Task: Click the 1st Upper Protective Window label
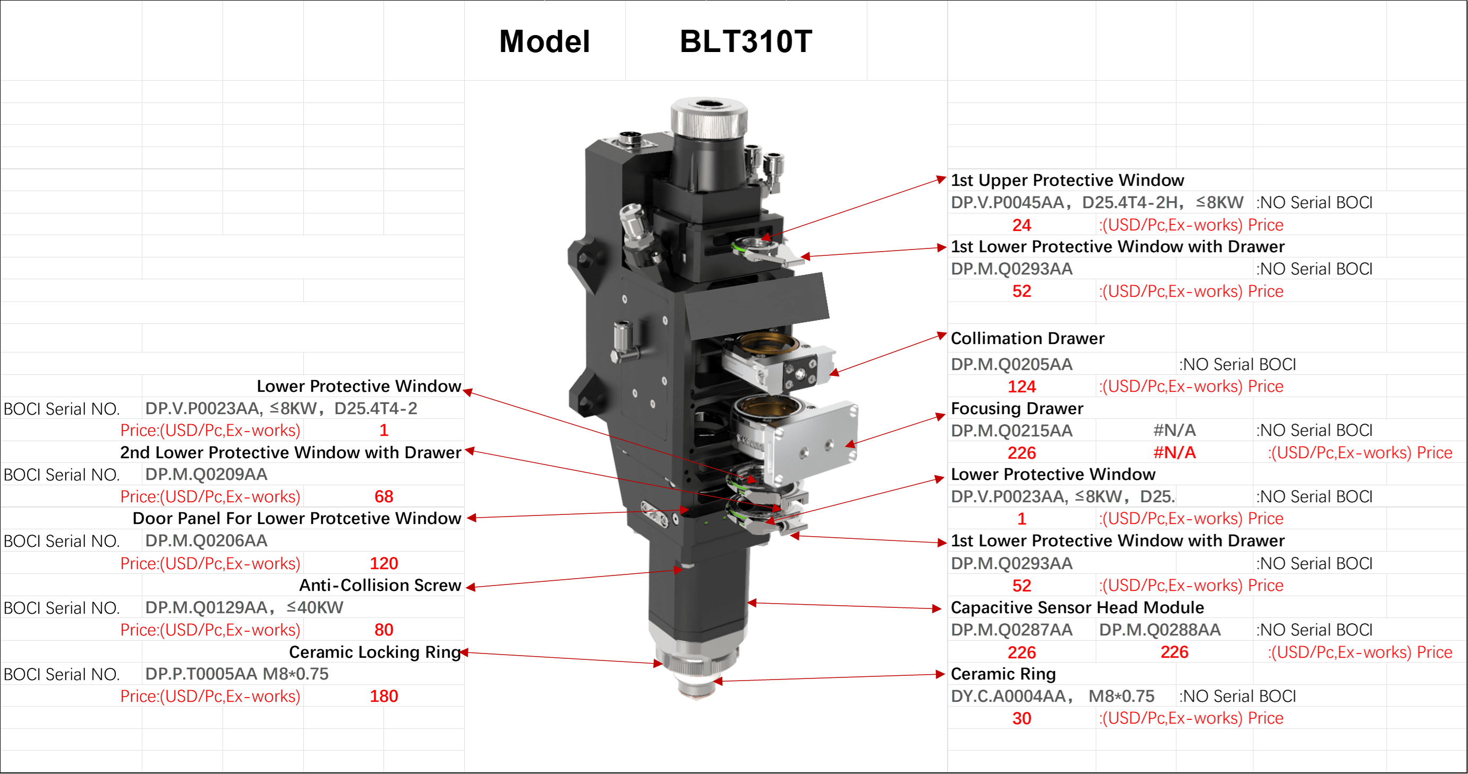coord(1068,180)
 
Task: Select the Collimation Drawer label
coord(1028,338)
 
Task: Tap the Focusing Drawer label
coord(1017,408)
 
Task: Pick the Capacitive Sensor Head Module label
coord(1077,607)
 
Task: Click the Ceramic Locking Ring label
coord(374,651)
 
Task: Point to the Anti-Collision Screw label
coord(380,585)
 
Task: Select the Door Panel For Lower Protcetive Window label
coord(296,518)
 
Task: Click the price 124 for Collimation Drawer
coord(1022,386)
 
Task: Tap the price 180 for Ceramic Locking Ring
coord(383,696)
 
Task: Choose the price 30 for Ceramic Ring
coord(1022,718)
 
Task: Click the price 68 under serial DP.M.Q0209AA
coord(383,497)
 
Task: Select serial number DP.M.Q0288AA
coord(1160,630)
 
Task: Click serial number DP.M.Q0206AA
coord(206,540)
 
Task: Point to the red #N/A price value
coord(1174,453)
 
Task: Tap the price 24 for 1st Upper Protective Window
coord(1022,225)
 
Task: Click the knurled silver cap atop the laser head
coord(709,117)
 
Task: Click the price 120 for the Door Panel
coord(383,563)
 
